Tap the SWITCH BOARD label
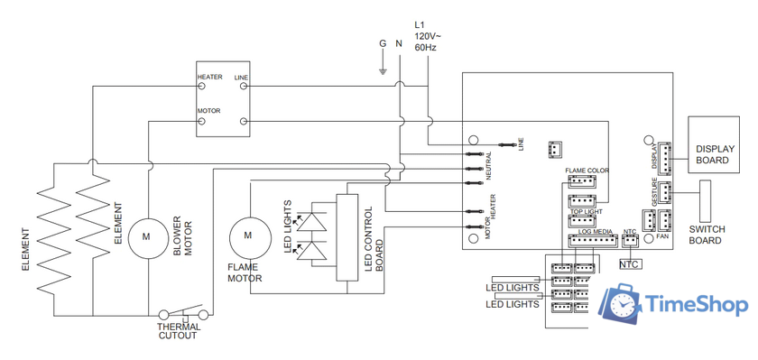coord(705,235)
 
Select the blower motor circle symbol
coord(144,236)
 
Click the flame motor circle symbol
coord(245,236)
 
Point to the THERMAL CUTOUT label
coord(178,332)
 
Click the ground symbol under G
coord(383,69)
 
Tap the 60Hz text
coord(425,47)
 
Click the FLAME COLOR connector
coord(582,180)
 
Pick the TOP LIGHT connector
coord(582,220)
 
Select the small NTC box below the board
coord(630,264)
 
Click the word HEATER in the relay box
coord(210,78)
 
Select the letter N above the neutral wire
coord(399,43)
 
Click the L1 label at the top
coord(420,24)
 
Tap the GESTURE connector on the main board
coord(663,192)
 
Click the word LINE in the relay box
coord(241,78)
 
